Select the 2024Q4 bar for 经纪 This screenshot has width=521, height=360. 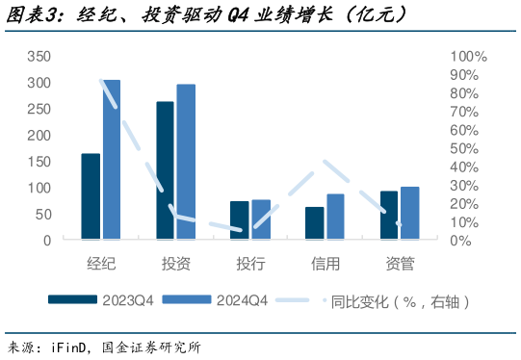click(x=112, y=160)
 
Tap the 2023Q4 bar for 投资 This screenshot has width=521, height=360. click(x=165, y=170)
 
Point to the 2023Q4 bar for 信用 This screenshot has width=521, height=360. click(x=314, y=223)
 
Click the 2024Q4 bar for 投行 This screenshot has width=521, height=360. click(x=261, y=219)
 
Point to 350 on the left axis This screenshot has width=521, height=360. click(x=39, y=57)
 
